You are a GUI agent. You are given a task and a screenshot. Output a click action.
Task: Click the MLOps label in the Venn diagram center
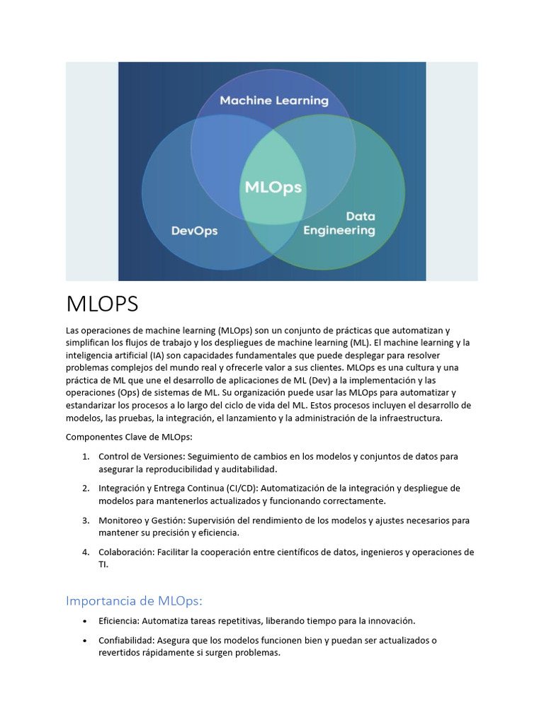coord(273,188)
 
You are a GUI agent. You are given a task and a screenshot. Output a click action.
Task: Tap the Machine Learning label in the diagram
coord(274,101)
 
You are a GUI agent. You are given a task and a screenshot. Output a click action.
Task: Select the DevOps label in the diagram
coord(195,231)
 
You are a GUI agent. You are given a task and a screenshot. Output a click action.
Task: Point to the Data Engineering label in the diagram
coord(339,223)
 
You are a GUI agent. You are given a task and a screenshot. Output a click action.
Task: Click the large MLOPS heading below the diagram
coord(102,304)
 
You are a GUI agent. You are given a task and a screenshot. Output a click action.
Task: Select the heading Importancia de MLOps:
coord(134,600)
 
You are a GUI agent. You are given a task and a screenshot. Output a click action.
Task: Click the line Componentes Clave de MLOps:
coord(124,437)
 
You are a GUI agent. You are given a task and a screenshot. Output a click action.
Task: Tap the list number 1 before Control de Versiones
coord(85,457)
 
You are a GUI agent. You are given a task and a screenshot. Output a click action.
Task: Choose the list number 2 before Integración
coord(85,489)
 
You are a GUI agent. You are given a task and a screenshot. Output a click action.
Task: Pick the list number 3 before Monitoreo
coord(85,520)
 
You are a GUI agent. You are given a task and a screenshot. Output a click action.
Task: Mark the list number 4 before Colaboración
coord(85,552)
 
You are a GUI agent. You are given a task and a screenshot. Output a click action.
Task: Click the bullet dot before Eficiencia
coord(84,621)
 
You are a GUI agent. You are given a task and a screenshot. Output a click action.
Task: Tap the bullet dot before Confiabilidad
coord(84,641)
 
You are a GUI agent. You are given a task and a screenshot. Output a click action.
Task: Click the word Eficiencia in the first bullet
coord(119,621)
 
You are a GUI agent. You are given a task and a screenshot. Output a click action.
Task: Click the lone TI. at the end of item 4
coord(103,565)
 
